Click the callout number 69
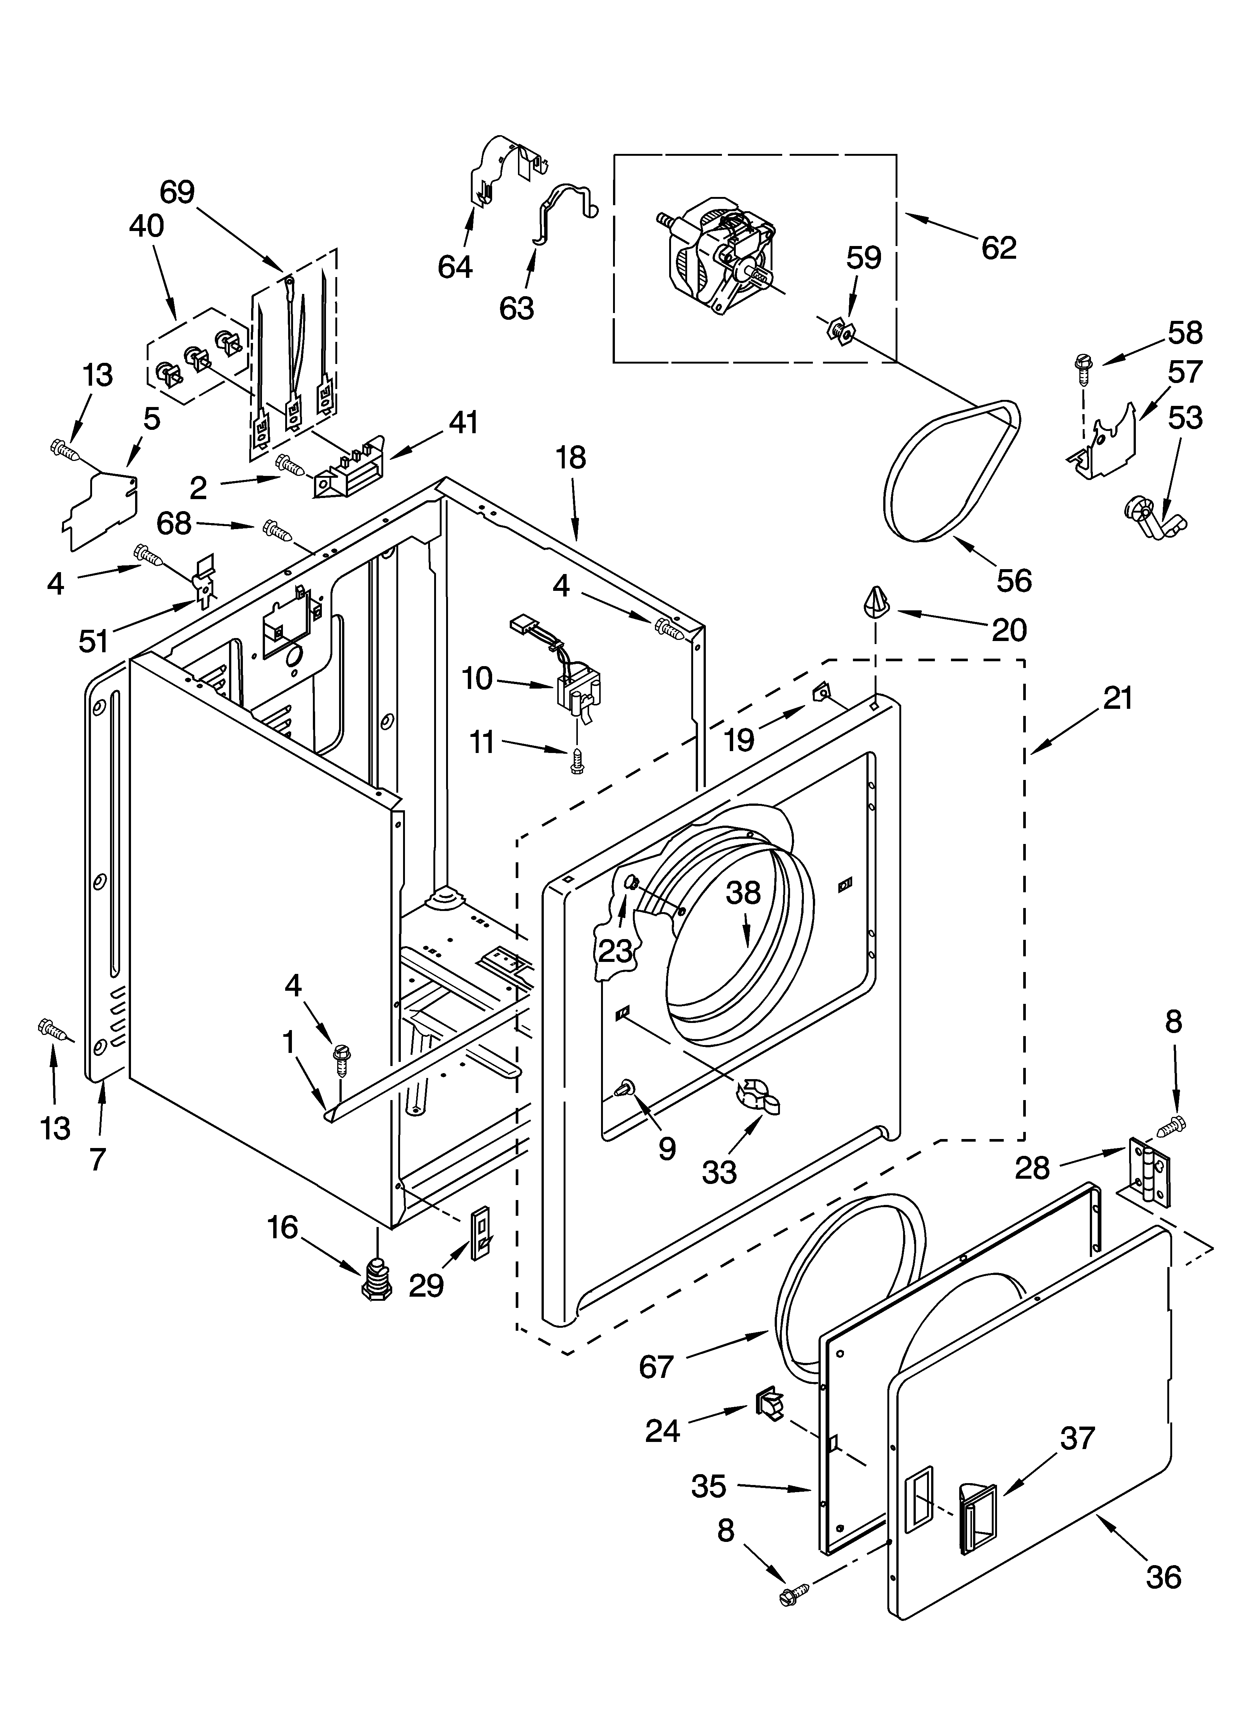(177, 192)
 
